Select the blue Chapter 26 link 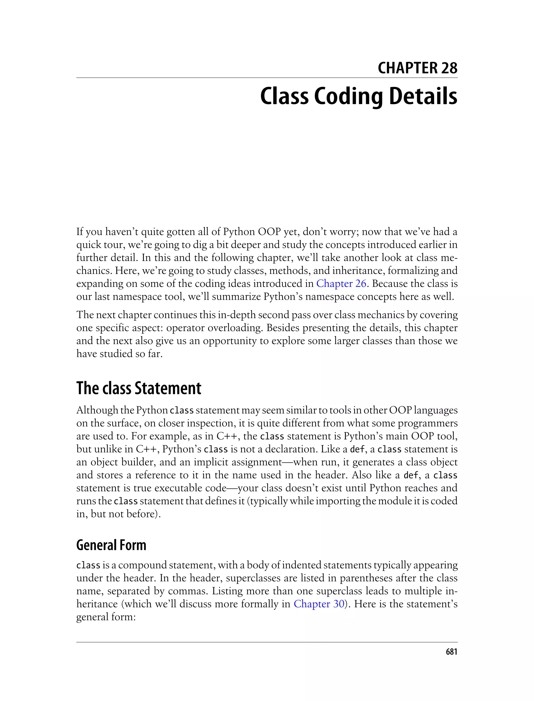pos(341,283)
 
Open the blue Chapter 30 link pos(319,604)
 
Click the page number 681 pos(451,652)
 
